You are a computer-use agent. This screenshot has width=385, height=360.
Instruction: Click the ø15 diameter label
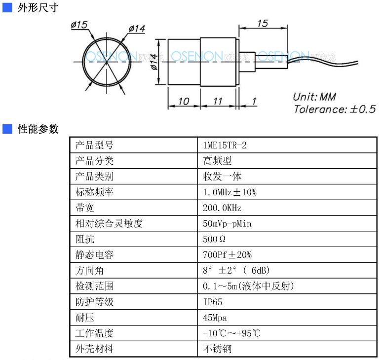tap(79, 25)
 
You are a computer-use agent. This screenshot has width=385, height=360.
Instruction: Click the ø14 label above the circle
tap(137, 29)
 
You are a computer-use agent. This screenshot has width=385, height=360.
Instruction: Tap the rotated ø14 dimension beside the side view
tap(154, 62)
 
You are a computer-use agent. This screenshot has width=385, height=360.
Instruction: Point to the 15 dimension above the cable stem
tap(263, 23)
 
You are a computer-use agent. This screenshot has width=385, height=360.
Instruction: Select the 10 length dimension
tap(184, 101)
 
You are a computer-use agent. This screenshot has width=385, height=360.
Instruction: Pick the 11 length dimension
tap(218, 101)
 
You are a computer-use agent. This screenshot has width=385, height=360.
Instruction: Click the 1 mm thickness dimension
tap(254, 101)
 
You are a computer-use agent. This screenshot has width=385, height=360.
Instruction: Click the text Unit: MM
tap(314, 97)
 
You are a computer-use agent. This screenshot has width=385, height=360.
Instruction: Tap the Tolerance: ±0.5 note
tap(335, 109)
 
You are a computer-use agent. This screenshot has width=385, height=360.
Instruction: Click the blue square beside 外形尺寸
tap(7, 7)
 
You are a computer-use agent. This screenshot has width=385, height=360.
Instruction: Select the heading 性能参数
tap(38, 129)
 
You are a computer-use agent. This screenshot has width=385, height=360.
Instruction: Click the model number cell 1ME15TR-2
tap(225, 145)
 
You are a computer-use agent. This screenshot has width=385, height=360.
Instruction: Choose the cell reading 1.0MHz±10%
tap(230, 192)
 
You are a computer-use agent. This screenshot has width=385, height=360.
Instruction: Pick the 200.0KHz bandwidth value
tap(222, 208)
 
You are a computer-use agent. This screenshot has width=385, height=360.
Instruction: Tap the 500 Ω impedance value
tap(214, 239)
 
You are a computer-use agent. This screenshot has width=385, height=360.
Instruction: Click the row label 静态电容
tap(94, 255)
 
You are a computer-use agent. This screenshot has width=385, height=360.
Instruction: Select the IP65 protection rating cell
tap(213, 302)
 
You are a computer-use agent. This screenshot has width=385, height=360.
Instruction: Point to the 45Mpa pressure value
tap(215, 318)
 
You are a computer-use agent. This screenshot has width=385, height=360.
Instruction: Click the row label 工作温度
tap(94, 333)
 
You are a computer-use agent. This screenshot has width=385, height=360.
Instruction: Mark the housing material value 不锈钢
tap(217, 349)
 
